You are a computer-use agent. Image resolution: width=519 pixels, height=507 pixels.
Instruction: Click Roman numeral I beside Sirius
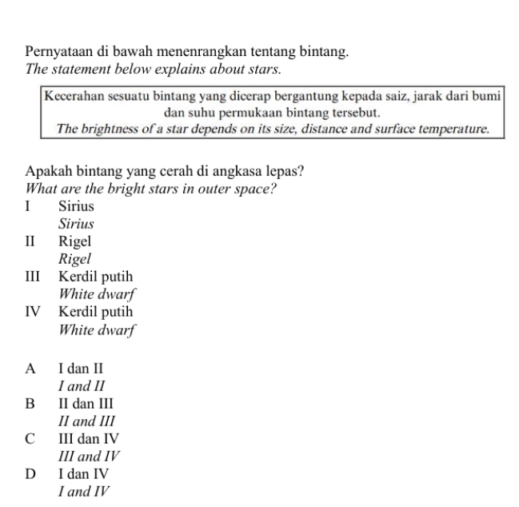point(29,207)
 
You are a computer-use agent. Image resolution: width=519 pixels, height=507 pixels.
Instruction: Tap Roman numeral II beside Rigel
point(31,241)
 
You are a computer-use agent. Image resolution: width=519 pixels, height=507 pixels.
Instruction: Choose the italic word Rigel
point(74,257)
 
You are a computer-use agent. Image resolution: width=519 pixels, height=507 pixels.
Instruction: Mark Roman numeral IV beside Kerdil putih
point(34,311)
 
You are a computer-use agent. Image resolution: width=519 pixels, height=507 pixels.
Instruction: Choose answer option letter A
point(30,369)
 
